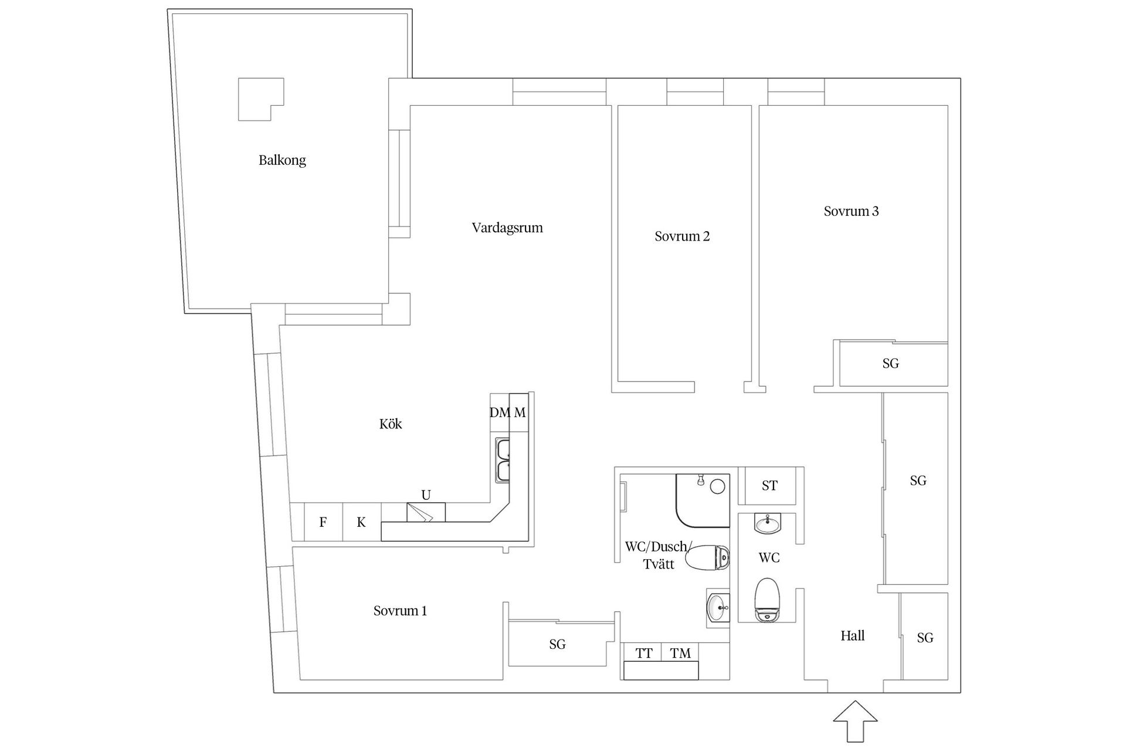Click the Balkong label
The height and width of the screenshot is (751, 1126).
click(x=282, y=160)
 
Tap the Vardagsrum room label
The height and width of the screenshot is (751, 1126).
click(x=507, y=228)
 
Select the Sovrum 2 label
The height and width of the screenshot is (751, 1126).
click(x=682, y=236)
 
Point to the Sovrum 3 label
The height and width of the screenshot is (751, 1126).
click(x=851, y=211)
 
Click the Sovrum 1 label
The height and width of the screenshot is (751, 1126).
click(x=400, y=611)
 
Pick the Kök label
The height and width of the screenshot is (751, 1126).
click(x=391, y=424)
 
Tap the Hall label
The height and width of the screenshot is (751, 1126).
click(x=852, y=636)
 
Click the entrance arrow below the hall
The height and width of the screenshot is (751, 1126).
click(x=856, y=721)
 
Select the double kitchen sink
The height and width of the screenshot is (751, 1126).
click(x=503, y=460)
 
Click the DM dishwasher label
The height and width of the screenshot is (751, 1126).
click(x=500, y=412)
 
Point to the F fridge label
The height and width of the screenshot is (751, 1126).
click(x=323, y=522)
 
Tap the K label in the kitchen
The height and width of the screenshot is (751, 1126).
click(x=361, y=522)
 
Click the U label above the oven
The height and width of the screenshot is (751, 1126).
click(x=426, y=495)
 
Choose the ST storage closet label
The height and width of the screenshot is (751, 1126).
click(x=769, y=486)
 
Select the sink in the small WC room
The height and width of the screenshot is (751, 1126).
click(x=768, y=523)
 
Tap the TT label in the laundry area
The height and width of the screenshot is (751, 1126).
click(x=644, y=653)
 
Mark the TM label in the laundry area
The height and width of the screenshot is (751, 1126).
click(x=680, y=653)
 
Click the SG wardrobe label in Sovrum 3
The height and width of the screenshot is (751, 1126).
click(x=890, y=364)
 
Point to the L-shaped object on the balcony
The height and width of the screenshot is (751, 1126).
click(x=261, y=100)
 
